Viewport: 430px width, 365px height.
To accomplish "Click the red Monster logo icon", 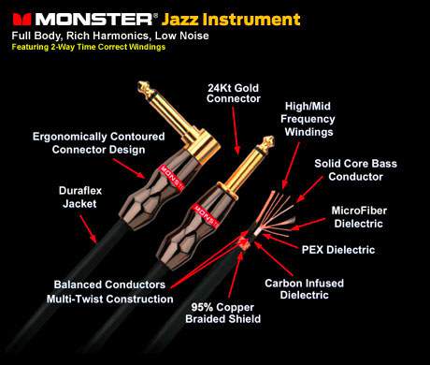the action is pyautogui.click(x=21, y=19).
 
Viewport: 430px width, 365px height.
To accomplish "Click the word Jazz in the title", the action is pyautogui.click(x=180, y=20).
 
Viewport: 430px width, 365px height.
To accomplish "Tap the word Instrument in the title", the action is pyautogui.click(x=251, y=20).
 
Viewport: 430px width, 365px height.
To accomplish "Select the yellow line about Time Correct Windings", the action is pyautogui.click(x=89, y=47).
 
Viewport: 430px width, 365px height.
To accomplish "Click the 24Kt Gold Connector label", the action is pyautogui.click(x=234, y=94).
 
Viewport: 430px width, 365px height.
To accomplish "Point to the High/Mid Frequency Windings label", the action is pyautogui.click(x=308, y=119).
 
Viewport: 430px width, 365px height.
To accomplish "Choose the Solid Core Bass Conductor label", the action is pyautogui.click(x=355, y=170).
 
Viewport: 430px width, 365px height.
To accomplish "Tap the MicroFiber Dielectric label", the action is pyautogui.click(x=359, y=217).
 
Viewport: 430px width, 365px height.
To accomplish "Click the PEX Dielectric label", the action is pyautogui.click(x=338, y=250).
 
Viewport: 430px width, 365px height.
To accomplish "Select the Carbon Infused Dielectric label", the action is pyautogui.click(x=304, y=289).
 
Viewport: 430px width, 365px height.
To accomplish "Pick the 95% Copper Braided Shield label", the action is pyautogui.click(x=223, y=313).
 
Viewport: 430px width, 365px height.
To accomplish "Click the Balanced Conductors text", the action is pyautogui.click(x=109, y=285).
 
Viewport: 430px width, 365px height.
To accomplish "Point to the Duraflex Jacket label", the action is pyautogui.click(x=80, y=197).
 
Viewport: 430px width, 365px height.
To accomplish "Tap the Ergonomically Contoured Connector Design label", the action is pyautogui.click(x=98, y=143).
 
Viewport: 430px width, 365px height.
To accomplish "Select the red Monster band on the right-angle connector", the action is pyautogui.click(x=171, y=177).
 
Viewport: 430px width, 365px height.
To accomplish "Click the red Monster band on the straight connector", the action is pyautogui.click(x=206, y=215).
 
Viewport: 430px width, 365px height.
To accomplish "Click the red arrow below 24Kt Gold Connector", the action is pyautogui.click(x=236, y=130).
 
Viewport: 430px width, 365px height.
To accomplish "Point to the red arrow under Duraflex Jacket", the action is pyautogui.click(x=89, y=228).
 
